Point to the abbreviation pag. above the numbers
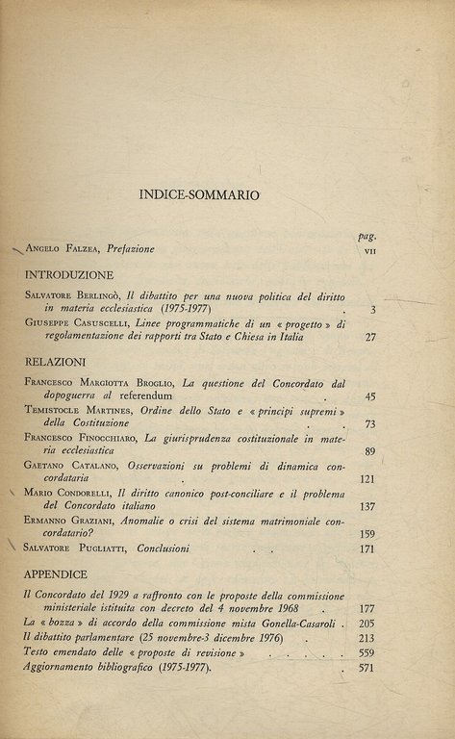tap(367, 235)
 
